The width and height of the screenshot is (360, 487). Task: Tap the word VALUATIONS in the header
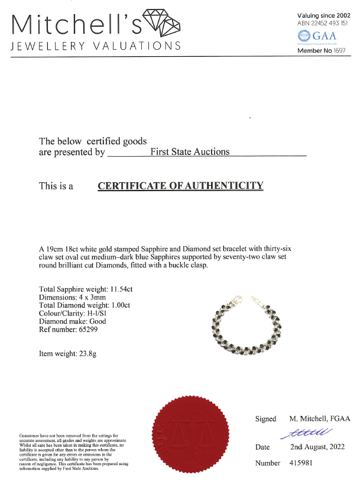138,46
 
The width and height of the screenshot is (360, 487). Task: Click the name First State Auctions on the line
190,151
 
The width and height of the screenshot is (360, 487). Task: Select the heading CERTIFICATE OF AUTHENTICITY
180,186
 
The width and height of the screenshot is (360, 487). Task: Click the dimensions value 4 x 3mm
100,297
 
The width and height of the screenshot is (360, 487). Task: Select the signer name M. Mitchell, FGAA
318,418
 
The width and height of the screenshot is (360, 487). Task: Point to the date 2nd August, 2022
317,447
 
